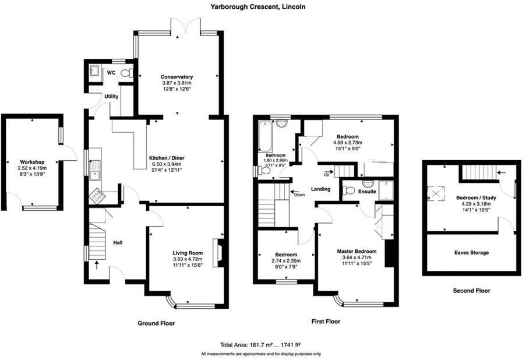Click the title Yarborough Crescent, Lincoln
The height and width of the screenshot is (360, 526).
(263, 7)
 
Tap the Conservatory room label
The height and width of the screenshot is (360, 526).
(176, 77)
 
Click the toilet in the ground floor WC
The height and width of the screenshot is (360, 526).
(130, 73)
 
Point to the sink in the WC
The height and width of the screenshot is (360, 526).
(94, 73)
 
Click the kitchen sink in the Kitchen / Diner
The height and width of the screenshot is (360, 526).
(94, 170)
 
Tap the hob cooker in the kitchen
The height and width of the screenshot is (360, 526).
(96, 197)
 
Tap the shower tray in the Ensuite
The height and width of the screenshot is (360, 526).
(385, 190)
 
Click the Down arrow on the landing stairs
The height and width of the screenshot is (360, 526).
(298, 194)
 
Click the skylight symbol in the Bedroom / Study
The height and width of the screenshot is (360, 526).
(437, 192)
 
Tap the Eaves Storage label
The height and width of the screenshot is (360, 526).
(471, 252)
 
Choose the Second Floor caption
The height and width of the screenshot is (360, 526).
(471, 290)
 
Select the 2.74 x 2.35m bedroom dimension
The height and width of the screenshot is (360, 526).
(286, 261)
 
